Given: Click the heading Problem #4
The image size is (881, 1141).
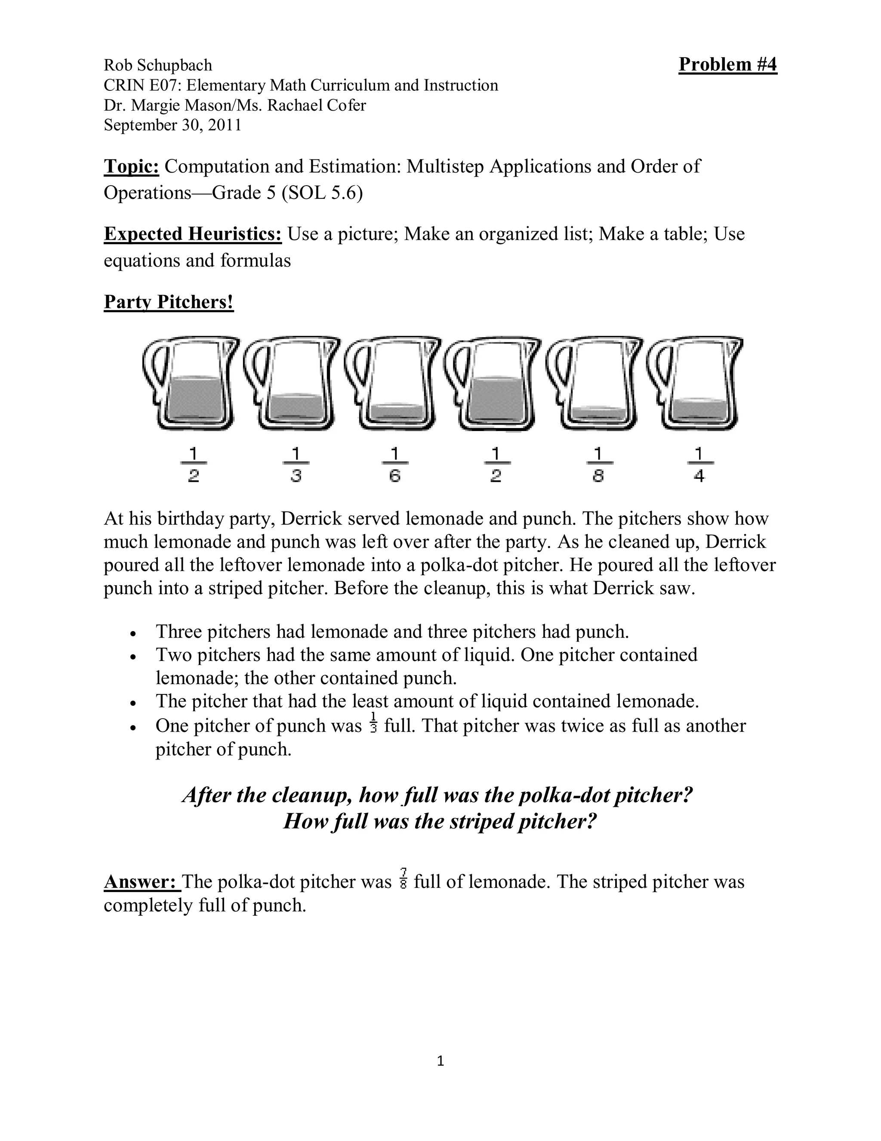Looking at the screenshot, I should [727, 65].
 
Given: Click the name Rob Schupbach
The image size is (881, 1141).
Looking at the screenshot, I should [157, 65].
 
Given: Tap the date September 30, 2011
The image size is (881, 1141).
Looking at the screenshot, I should [172, 125].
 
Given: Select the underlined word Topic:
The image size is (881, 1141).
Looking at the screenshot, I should [131, 167].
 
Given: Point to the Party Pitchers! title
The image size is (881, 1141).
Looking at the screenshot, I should [169, 302].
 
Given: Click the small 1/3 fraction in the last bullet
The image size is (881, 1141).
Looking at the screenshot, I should [373, 723].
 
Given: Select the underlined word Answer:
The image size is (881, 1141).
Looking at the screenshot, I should [141, 882].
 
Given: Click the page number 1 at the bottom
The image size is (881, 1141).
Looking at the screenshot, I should [440, 1061].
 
